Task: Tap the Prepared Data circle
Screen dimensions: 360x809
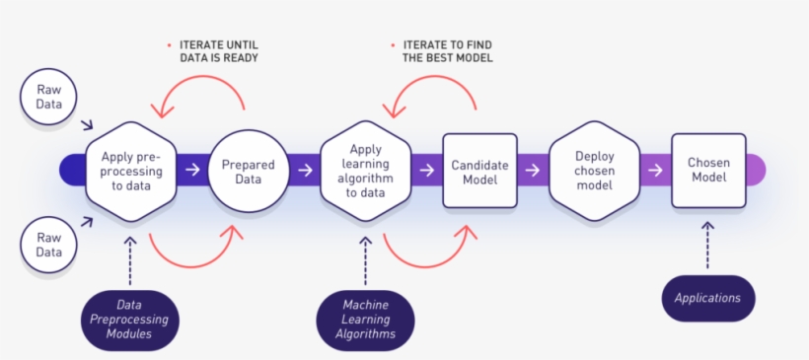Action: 247,171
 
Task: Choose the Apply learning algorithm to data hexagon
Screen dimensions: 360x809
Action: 365,171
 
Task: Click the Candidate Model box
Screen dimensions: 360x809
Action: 479,171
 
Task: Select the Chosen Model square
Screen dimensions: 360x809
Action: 707,171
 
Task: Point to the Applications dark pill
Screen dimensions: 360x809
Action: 707,297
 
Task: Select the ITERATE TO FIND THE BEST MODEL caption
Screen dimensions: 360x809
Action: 446,51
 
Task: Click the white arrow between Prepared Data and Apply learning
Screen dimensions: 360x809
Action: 305,171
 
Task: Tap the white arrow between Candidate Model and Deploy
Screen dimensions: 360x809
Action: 533,171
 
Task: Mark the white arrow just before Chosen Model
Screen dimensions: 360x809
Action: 654,171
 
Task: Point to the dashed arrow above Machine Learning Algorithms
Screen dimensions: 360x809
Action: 365,260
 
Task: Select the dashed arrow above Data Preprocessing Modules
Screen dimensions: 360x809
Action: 131,260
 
